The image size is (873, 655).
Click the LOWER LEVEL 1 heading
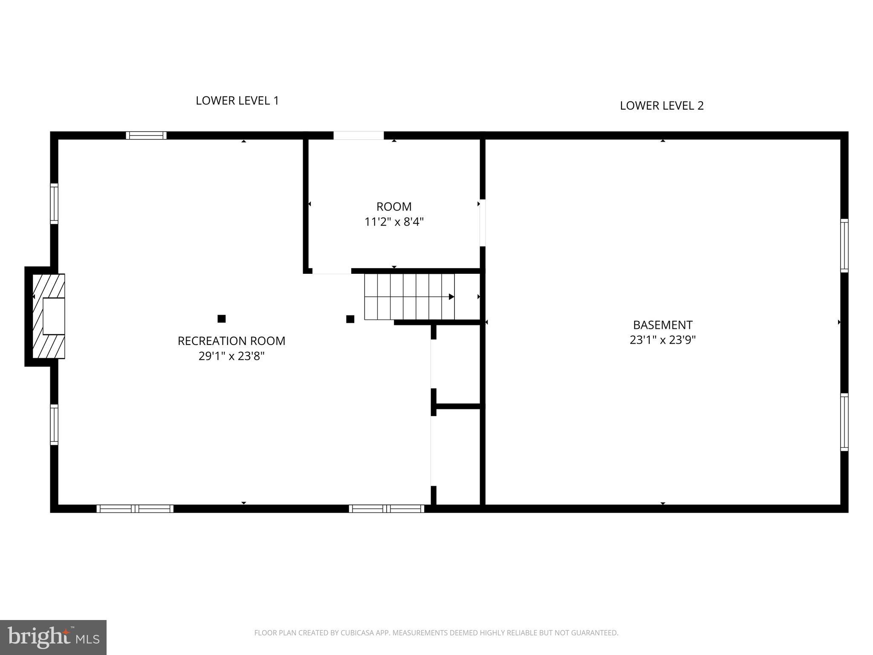pos(237,101)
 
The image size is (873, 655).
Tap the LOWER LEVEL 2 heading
pos(662,106)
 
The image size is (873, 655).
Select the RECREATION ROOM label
pos(231,341)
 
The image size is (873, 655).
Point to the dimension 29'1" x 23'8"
pos(231,356)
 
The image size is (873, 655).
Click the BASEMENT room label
pos(662,325)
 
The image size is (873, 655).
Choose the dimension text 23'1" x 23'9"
pos(662,340)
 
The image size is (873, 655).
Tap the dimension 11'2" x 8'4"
pos(394,222)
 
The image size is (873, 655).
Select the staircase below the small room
pos(409,297)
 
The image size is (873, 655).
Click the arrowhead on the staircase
pos(451,297)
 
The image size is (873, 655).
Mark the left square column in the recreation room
pos(222,319)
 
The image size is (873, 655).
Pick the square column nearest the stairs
pos(350,319)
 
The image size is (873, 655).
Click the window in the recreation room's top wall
pos(146,136)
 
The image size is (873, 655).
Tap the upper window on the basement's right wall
pos(844,246)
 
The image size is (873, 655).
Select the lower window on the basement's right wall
pos(844,422)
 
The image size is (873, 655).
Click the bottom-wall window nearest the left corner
pos(135,508)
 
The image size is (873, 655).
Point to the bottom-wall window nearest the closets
pos(387,508)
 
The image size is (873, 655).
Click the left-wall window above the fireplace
pos(54,203)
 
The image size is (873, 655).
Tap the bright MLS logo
pos(53,637)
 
